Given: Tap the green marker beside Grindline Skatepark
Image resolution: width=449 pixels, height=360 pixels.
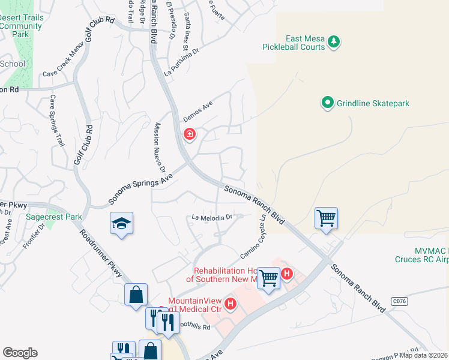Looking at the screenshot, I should [328, 103].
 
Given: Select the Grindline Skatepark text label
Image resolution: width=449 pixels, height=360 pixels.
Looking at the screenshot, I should [373, 104].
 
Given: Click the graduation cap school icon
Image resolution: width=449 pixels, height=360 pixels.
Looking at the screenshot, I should [121, 224].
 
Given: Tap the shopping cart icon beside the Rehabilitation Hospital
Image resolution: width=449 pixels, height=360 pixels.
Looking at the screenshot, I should [268, 277].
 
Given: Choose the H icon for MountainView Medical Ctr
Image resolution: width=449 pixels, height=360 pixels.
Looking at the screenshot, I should [230, 304].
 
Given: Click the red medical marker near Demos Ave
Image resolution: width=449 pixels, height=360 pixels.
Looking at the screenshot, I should [189, 134].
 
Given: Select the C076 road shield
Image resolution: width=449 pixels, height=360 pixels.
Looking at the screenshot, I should [398, 300].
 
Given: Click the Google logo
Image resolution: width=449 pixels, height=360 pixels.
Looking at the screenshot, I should [20, 353].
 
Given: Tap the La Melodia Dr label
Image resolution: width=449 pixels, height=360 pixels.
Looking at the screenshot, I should [212, 217].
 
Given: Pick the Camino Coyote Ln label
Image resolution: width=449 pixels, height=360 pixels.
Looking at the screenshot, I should [252, 243].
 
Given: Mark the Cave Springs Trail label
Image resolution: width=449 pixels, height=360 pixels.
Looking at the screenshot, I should [56, 121].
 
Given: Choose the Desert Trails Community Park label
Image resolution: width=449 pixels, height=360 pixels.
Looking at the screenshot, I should [22, 26].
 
